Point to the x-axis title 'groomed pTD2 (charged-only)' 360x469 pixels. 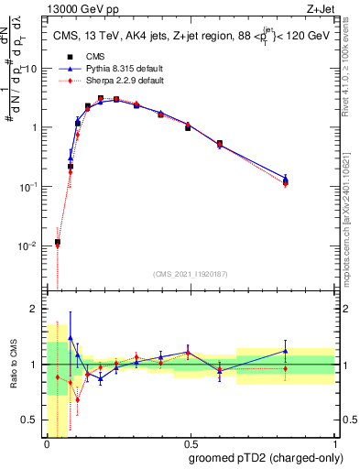261,458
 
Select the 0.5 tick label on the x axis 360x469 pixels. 191,444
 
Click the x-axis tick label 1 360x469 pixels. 335,444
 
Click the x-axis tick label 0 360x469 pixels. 47,444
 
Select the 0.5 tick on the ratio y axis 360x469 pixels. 33,420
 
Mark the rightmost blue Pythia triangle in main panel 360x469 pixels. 311,179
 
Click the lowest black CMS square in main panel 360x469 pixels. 58,243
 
